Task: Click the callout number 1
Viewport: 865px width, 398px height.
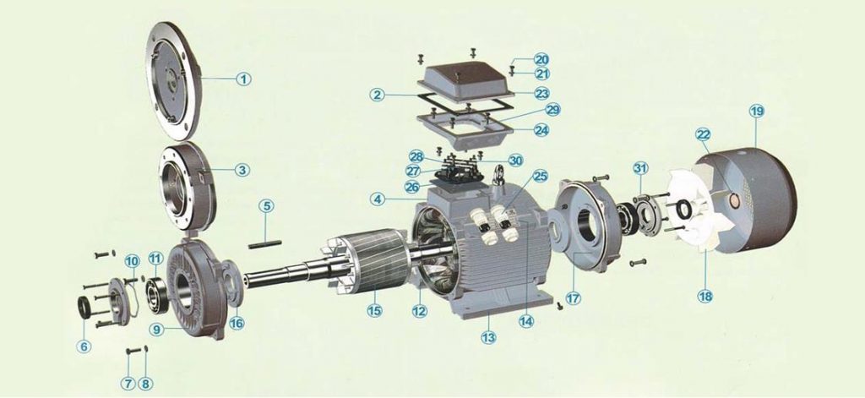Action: tap(243, 79)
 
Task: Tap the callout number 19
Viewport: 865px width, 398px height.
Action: tap(757, 111)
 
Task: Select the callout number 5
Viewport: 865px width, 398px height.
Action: tap(266, 206)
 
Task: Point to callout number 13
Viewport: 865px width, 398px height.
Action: tap(488, 336)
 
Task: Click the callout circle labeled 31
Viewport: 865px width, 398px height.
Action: tap(640, 168)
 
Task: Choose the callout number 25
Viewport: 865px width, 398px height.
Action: tap(540, 177)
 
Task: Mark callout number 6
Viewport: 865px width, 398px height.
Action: tap(84, 346)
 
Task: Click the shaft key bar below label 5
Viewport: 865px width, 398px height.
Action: tap(264, 244)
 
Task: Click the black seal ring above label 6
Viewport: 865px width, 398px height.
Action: tap(84, 308)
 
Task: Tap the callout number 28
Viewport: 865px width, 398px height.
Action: tap(416, 156)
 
